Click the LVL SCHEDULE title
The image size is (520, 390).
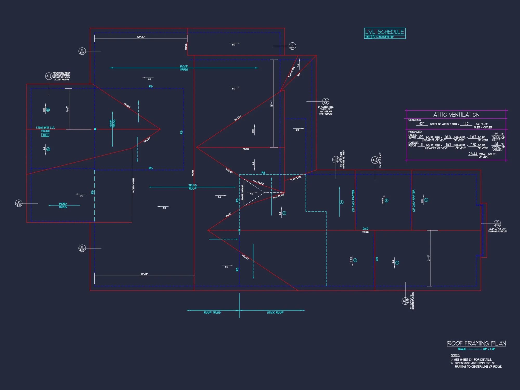384,32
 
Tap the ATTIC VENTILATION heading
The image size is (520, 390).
456,115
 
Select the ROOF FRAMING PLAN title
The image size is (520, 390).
476,343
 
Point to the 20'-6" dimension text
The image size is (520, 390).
141,37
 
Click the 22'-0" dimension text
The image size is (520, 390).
144,274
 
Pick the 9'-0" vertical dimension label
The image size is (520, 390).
68,109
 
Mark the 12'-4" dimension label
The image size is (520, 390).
428,258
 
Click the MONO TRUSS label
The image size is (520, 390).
63,205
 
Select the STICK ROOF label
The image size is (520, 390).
275,313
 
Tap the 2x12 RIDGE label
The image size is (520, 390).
365,230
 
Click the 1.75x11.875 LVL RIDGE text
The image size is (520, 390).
45,129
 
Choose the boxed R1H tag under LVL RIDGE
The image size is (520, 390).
45,135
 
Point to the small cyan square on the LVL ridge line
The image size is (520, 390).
95,129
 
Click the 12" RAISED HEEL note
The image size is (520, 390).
326,110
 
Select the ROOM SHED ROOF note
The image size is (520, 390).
62,76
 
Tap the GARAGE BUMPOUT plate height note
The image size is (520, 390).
497,230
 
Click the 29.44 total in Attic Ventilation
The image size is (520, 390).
473,154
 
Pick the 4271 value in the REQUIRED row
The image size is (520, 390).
422,124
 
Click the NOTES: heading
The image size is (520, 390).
455,355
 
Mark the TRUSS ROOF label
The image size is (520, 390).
192,187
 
